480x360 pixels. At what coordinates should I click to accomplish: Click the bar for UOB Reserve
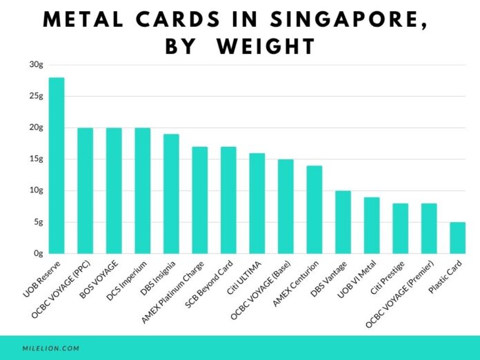pos(56,166)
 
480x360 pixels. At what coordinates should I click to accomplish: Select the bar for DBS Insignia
pos(171,194)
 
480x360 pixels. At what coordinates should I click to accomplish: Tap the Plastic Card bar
pos(457,238)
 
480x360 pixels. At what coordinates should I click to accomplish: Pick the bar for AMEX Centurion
pos(314,210)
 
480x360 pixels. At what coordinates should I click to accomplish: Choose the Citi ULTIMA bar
pos(257,203)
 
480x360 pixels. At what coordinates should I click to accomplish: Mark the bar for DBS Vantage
pos(343,222)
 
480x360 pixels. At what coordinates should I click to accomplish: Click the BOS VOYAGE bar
pos(114,190)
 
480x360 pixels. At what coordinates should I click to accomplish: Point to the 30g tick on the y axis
pos(35,65)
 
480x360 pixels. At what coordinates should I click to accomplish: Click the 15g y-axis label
pos(35,159)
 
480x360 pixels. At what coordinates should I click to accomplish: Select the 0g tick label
pos(37,254)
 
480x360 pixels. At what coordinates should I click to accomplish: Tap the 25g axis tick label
pos(35,97)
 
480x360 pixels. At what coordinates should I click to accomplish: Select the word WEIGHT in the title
pos(266,48)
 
